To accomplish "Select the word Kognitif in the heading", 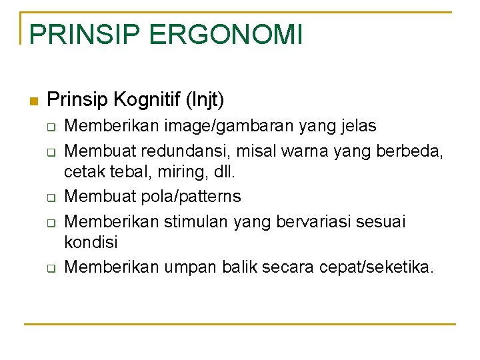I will tap(145, 101).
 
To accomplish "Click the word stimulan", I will tap(198, 220).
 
